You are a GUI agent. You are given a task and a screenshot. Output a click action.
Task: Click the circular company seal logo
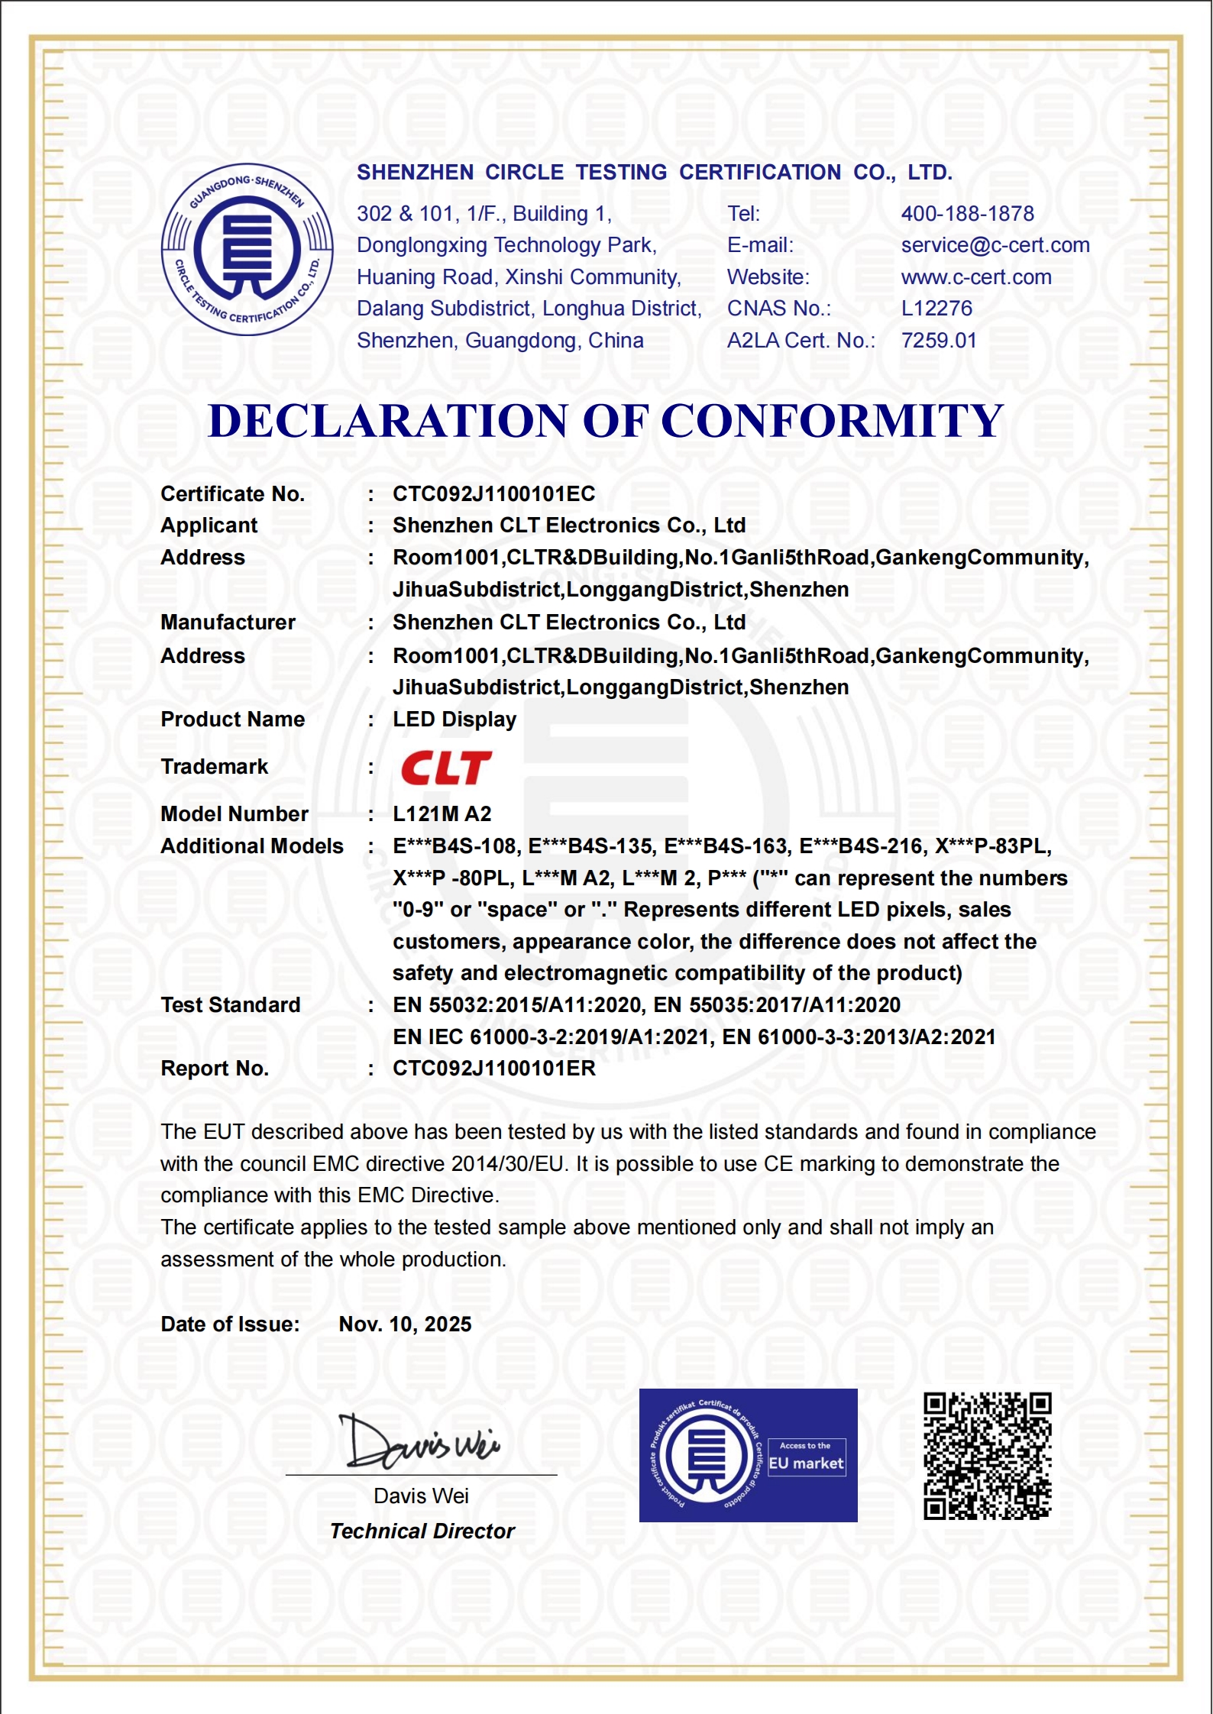tap(247, 250)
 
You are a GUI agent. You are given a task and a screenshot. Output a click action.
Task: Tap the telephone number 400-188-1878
tap(967, 214)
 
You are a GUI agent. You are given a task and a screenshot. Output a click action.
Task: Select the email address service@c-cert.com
tap(995, 245)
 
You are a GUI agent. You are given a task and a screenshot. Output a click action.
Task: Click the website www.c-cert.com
tap(975, 277)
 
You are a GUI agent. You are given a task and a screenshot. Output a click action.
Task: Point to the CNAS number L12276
tap(936, 309)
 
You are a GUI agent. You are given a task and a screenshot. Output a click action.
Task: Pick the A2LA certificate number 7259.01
tap(939, 341)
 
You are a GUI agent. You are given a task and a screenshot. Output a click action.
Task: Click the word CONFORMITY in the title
tap(832, 421)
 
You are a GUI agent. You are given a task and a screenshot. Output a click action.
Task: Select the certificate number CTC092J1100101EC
tap(493, 494)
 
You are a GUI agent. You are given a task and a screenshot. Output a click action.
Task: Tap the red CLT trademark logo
tap(446, 768)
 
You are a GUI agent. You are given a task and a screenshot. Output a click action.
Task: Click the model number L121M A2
tap(442, 814)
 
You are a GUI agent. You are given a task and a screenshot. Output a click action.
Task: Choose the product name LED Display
tap(454, 720)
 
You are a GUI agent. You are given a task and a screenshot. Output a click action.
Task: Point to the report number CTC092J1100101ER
tap(493, 1069)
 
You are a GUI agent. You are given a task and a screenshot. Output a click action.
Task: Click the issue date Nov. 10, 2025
tap(405, 1324)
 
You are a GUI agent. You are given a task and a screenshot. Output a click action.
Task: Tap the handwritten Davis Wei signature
tap(420, 1442)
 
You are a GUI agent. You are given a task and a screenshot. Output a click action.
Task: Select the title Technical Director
tap(422, 1531)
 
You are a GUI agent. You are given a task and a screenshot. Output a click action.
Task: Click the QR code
tap(987, 1457)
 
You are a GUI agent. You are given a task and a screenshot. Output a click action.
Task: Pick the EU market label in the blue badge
tap(806, 1463)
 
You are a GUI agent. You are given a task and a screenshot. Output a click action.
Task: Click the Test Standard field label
tap(231, 1005)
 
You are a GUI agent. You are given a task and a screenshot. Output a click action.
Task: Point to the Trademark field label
tap(214, 767)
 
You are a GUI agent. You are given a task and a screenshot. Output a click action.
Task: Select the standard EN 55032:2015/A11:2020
tap(516, 1005)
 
